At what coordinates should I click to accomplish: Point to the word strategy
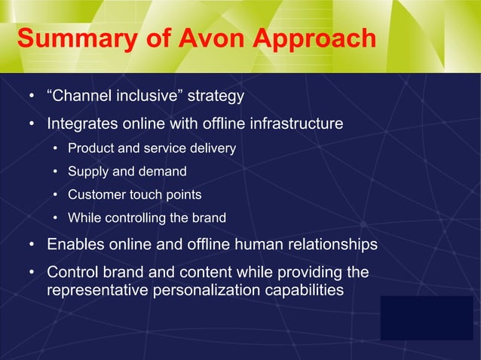(216, 96)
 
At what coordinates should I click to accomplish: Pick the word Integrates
(82, 123)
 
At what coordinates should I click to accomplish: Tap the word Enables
(75, 245)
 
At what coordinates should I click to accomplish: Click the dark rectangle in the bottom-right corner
(426, 317)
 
